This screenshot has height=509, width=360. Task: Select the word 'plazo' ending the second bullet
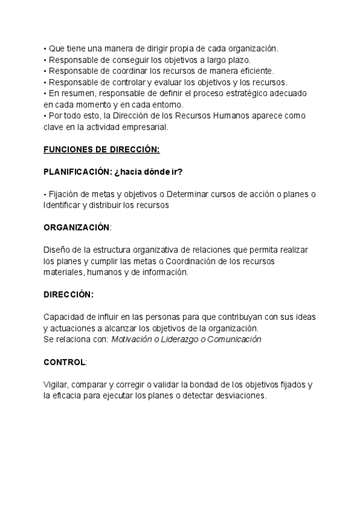point(238,60)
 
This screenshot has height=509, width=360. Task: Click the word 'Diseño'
point(56,250)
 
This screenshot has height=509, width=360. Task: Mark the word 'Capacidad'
point(64,317)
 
